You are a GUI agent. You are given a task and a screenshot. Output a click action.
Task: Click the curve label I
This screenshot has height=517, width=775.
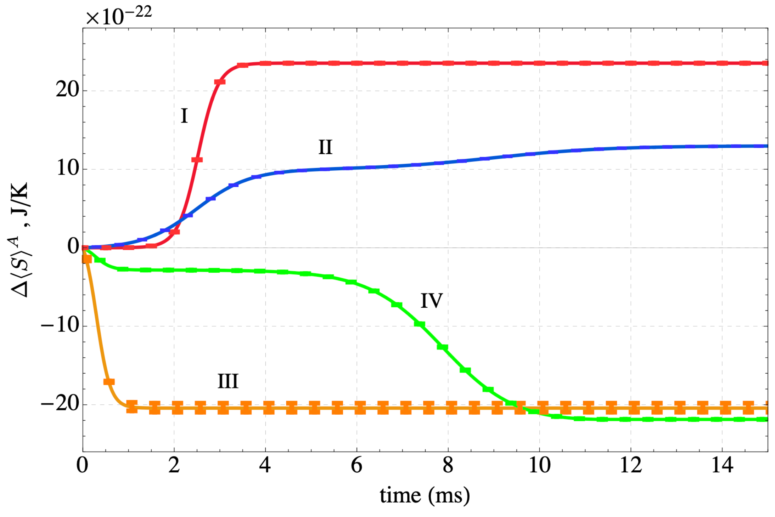pos(184,116)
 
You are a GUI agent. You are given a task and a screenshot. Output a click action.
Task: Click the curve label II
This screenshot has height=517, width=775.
pos(325,147)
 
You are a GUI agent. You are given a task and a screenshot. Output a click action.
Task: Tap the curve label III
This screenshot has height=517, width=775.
pos(228,381)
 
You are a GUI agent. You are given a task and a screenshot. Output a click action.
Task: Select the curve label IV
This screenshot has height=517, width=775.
pos(431,301)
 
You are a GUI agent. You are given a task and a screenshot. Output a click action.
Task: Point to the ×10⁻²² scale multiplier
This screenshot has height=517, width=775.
pos(119,16)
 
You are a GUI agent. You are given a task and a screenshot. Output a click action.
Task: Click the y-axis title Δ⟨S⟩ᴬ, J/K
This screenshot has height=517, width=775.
pos(21,240)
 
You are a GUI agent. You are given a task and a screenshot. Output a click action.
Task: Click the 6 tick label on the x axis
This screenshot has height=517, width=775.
pos(356,465)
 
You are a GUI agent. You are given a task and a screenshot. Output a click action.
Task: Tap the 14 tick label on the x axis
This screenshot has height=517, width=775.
pos(722,465)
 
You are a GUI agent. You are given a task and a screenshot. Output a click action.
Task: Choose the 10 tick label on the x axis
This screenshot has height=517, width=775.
pos(539,465)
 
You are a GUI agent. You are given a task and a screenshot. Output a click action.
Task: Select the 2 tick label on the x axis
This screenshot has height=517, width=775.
pos(174,465)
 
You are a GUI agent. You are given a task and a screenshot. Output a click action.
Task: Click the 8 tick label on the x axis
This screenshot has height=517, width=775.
pos(448,465)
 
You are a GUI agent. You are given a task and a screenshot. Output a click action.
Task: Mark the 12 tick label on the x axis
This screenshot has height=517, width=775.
pos(631,465)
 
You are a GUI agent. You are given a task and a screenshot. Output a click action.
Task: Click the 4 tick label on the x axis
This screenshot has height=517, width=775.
pos(265,465)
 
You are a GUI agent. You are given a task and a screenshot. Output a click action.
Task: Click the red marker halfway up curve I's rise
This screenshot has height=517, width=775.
pos(197,160)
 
